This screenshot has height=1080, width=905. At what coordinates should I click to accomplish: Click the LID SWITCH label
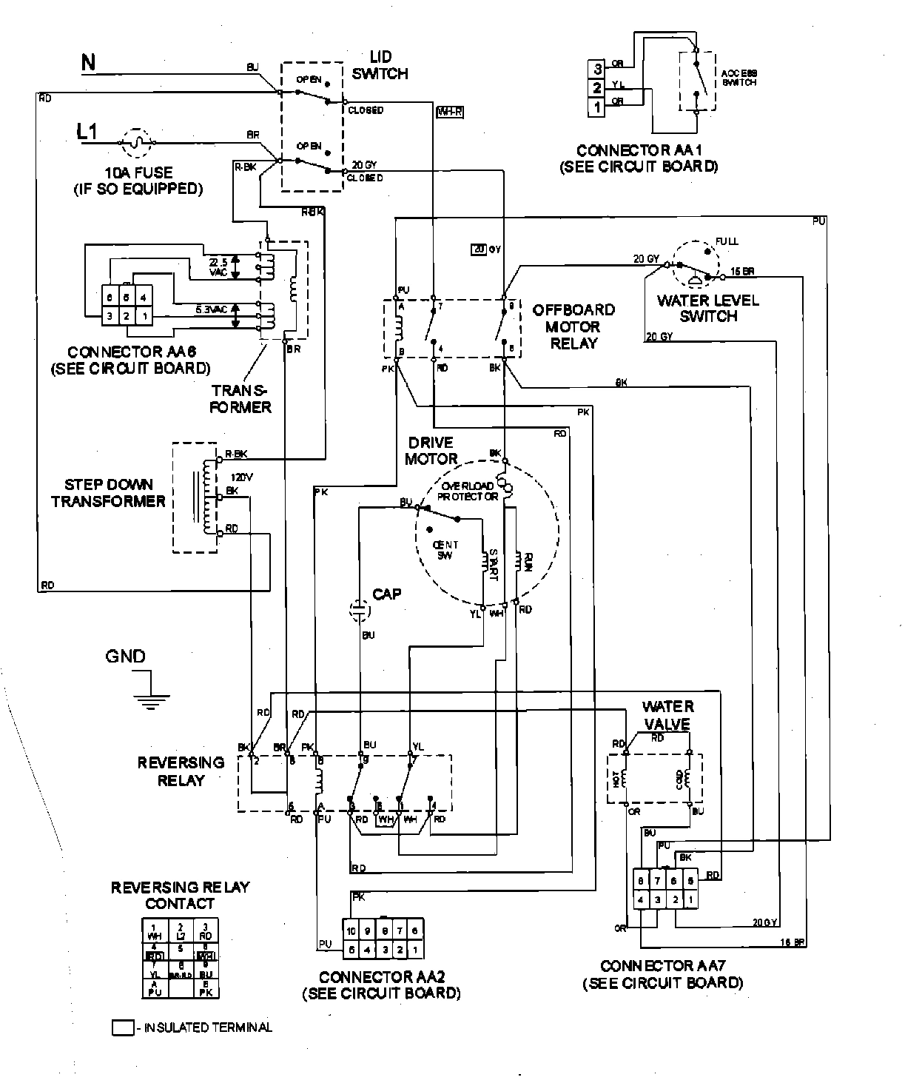[x=380, y=65]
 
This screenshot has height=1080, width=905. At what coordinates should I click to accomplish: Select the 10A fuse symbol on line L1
[x=135, y=140]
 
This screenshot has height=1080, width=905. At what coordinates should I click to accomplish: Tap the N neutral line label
[x=88, y=62]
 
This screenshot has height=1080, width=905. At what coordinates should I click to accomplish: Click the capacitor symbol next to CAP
[x=359, y=609]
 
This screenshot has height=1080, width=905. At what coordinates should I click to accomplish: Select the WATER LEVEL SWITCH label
[x=708, y=309]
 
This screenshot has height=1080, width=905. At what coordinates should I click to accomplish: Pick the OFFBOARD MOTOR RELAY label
[x=573, y=326]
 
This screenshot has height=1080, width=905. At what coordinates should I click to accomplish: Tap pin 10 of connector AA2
[x=351, y=931]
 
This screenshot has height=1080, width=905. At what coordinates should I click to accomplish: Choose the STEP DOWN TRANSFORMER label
[x=108, y=493]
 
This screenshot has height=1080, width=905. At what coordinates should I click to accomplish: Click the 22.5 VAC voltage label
[x=218, y=267]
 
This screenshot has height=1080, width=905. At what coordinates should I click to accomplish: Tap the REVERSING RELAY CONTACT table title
[x=180, y=895]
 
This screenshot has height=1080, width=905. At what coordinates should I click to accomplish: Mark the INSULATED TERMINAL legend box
[x=122, y=1027]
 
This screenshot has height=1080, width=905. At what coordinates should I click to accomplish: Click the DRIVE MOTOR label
[x=431, y=451]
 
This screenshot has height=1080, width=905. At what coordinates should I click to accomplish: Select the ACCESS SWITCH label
[x=739, y=78]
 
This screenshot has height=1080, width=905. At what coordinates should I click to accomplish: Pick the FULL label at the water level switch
[x=727, y=241]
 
